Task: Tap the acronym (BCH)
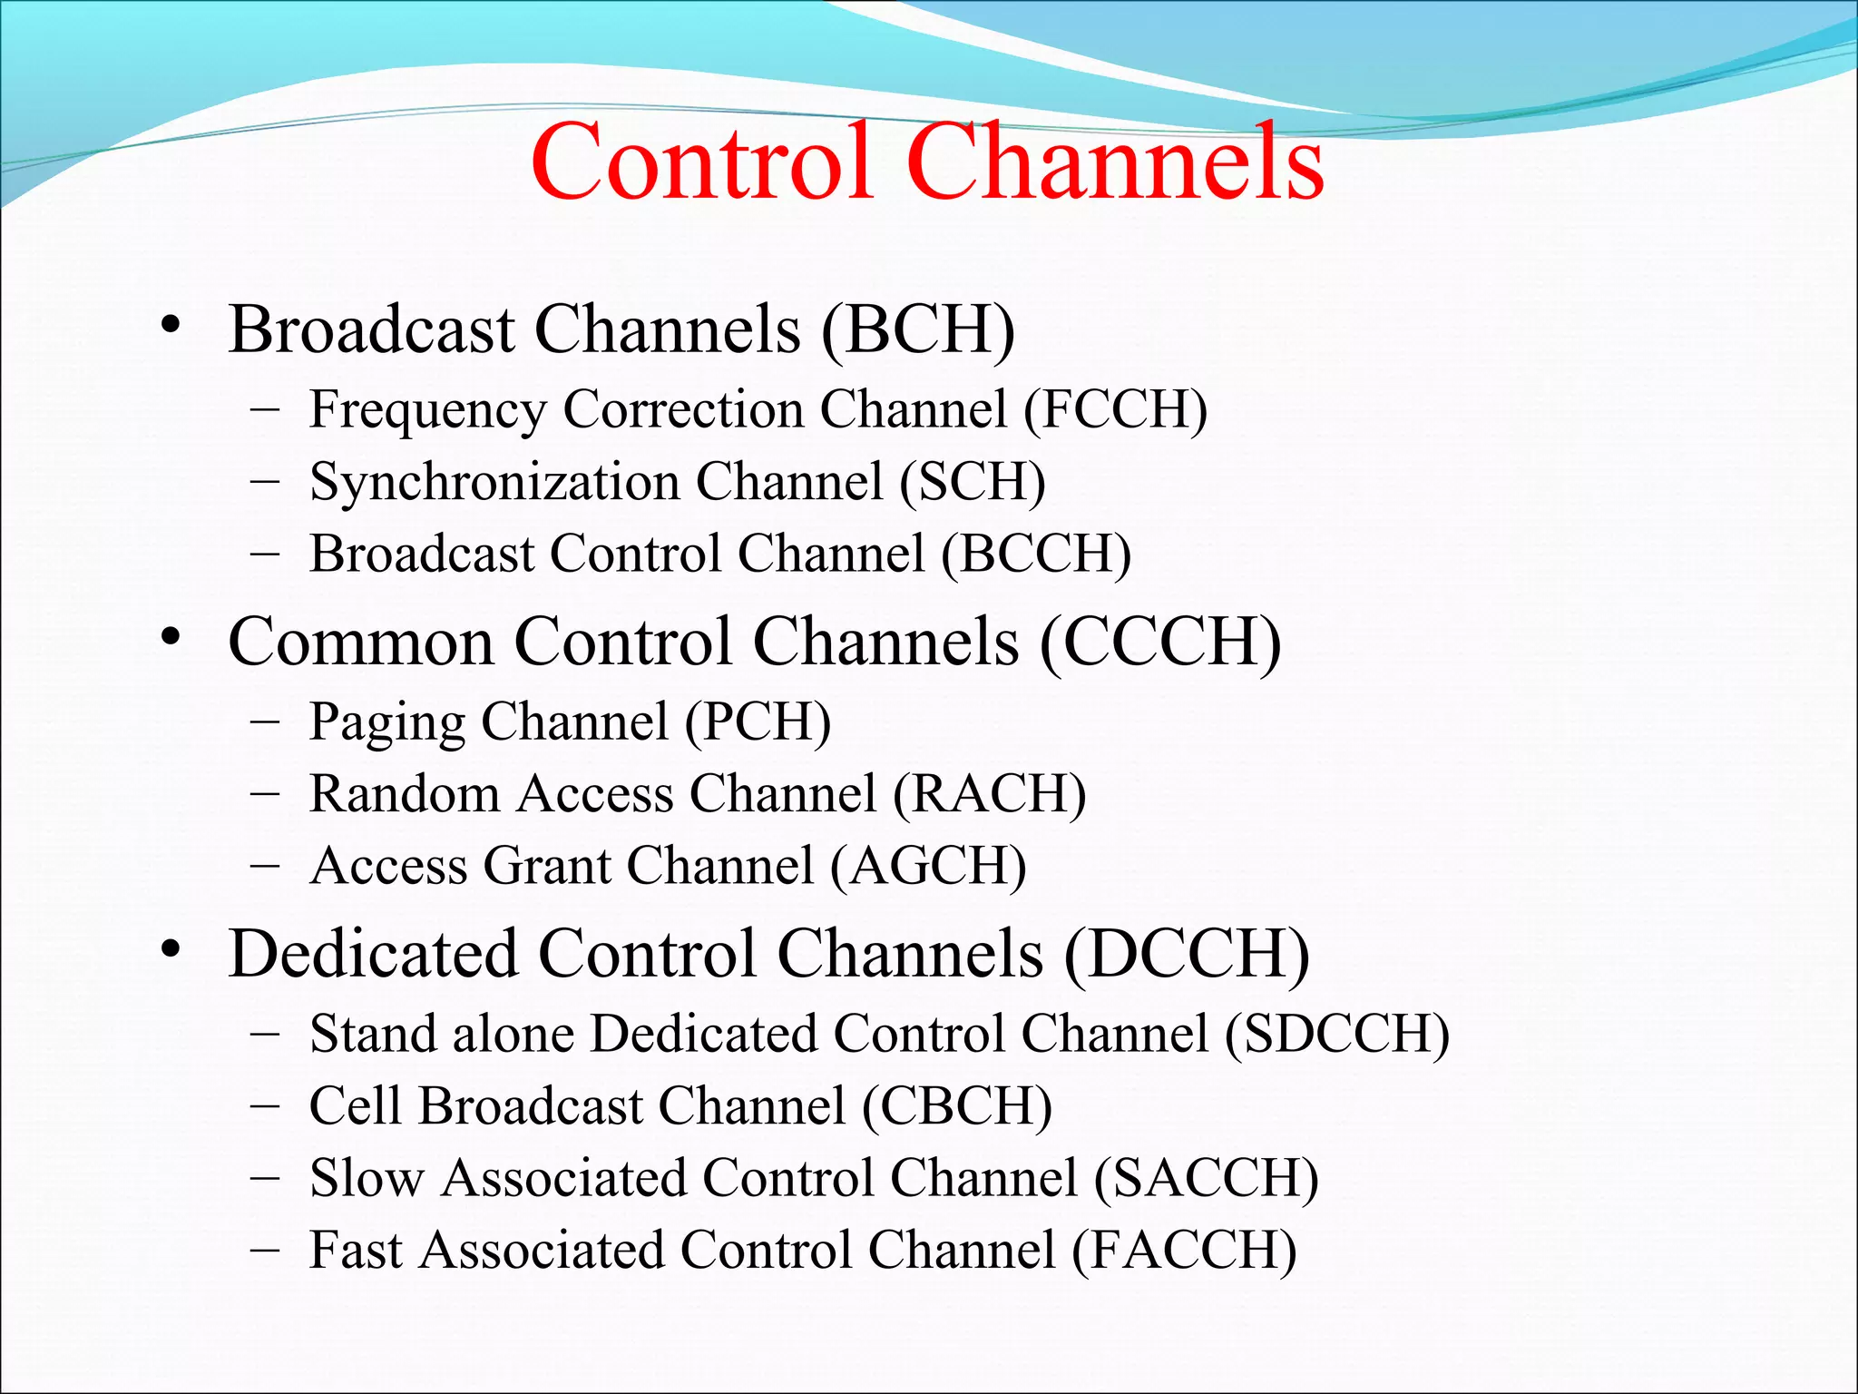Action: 917,329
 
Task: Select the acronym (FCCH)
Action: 1115,410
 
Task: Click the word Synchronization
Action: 494,482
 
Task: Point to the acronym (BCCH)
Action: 1036,554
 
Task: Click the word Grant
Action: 547,866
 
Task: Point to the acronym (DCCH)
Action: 1186,955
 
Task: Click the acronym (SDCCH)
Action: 1336,1035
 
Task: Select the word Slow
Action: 367,1178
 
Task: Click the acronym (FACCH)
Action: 1184,1251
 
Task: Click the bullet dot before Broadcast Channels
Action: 170,327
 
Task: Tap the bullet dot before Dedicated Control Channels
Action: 170,951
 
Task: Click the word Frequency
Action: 427,410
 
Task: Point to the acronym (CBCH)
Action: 956,1106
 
